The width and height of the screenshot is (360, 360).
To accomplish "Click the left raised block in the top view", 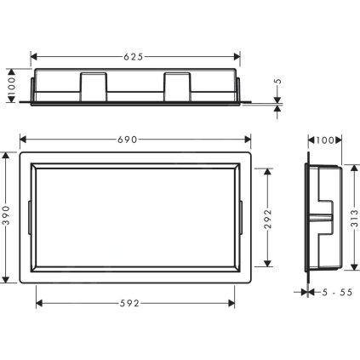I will [93, 86].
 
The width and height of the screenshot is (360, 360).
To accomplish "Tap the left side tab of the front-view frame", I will [30, 216].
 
